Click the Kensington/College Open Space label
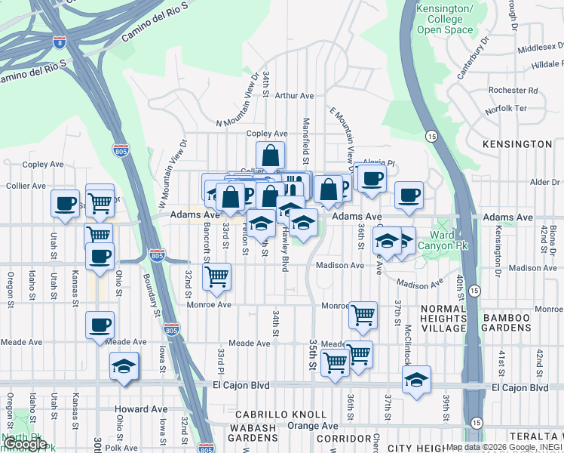445,20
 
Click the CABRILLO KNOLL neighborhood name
280,414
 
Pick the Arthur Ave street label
294,96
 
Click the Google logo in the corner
25,444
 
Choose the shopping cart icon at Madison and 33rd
217,276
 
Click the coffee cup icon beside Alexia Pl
371,179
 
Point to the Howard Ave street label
141,409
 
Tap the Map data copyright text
502,447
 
